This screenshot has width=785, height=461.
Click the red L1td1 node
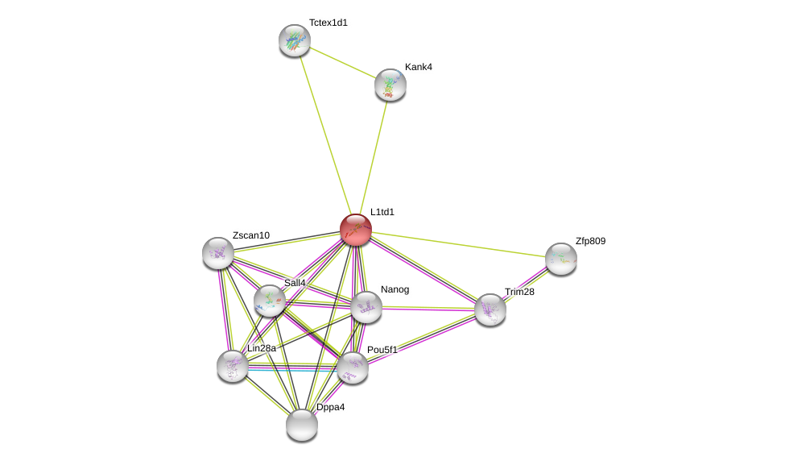coord(355,230)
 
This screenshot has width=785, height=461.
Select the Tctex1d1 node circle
coord(295,40)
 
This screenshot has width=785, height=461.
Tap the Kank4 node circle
coord(390,85)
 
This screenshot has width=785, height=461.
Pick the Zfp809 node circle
coord(561,259)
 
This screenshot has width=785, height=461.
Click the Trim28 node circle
coord(490,309)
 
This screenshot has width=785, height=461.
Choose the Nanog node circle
coord(366,307)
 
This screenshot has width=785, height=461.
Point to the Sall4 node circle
coord(270,301)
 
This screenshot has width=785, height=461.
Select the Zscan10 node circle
coord(218,253)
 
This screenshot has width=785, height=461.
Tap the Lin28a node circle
coord(233,366)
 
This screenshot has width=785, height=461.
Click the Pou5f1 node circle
coord(353,368)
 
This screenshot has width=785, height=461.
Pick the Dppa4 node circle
coord(302,425)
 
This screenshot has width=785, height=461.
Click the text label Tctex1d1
coord(328,23)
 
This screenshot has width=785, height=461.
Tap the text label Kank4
coord(419,67)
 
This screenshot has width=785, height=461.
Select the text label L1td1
coord(382,212)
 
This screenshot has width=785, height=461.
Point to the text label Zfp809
coord(590,241)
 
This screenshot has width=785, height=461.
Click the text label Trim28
coord(519,292)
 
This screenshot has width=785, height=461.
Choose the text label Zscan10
coord(251,235)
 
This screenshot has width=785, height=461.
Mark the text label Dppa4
coord(330,407)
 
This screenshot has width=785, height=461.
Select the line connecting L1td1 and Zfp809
coord(459,244)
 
